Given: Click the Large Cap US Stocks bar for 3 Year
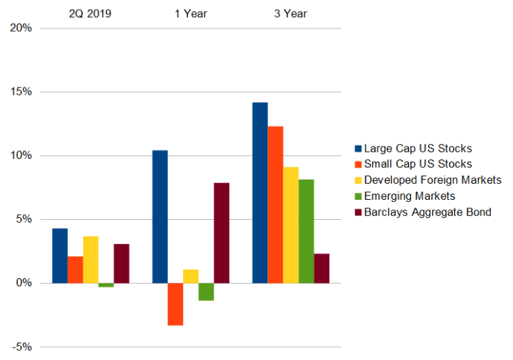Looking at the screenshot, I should [260, 193].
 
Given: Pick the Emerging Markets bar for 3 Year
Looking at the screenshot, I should [306, 231].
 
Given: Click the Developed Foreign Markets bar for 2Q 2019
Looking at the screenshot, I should [91, 259].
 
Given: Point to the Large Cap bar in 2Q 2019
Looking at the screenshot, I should [60, 255].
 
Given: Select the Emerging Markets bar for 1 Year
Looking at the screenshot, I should [206, 291].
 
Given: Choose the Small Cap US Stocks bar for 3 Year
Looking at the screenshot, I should [275, 205].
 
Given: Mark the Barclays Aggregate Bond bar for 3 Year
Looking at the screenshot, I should [322, 268].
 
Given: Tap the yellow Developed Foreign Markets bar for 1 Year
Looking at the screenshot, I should [191, 276].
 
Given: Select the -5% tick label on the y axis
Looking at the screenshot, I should [21, 347].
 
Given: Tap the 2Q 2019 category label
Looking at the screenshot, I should [91, 12].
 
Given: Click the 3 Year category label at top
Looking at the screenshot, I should [290, 12].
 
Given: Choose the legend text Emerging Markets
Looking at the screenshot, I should [410, 196].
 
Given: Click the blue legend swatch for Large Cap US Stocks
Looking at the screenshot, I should [358, 148].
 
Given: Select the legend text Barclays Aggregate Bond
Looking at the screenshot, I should [427, 212].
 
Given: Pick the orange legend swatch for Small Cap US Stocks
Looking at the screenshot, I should [358, 164].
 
